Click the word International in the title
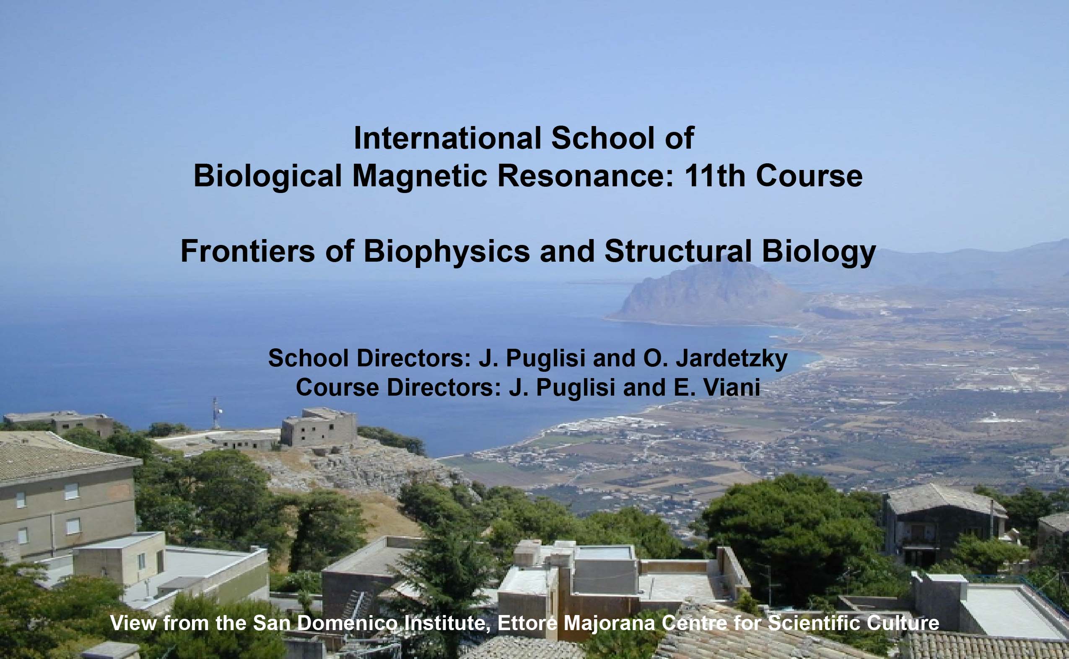(447, 139)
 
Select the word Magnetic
(419, 177)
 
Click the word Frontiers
(247, 252)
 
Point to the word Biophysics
(446, 252)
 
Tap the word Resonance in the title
(585, 177)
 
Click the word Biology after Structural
(819, 252)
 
